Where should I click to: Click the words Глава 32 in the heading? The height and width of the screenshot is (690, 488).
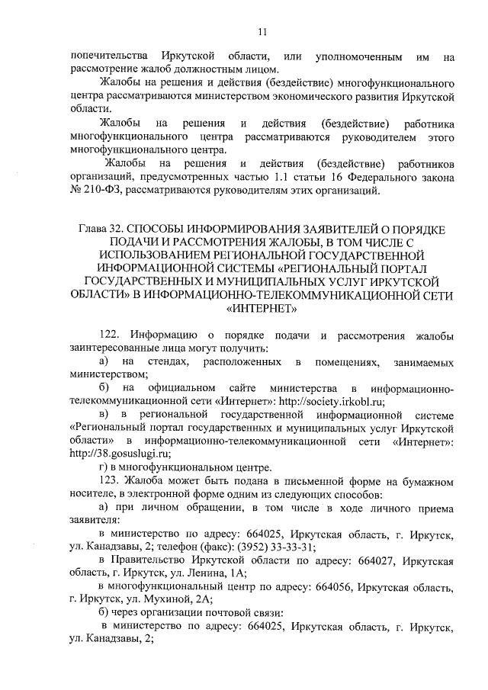[x=99, y=228]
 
